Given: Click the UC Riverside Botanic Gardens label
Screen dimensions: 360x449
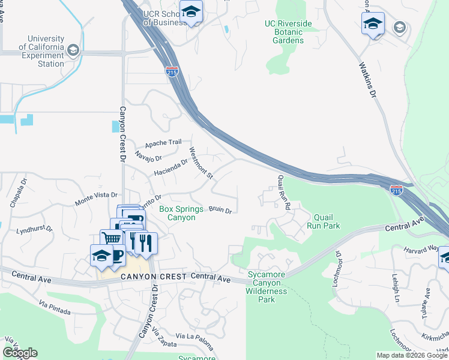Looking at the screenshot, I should tap(288, 32).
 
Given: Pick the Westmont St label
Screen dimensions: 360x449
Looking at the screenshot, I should tap(201, 163).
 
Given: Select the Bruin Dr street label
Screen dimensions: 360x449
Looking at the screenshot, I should tap(220, 209).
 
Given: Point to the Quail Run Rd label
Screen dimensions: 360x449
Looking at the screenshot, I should tap(284, 192).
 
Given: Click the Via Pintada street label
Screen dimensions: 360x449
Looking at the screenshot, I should tap(54, 309).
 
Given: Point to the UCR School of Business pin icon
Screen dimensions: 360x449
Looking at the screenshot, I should tap(191, 12).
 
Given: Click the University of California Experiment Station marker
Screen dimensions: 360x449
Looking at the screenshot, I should tap(74, 50).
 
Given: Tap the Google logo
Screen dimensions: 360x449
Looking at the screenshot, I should tap(20, 353).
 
